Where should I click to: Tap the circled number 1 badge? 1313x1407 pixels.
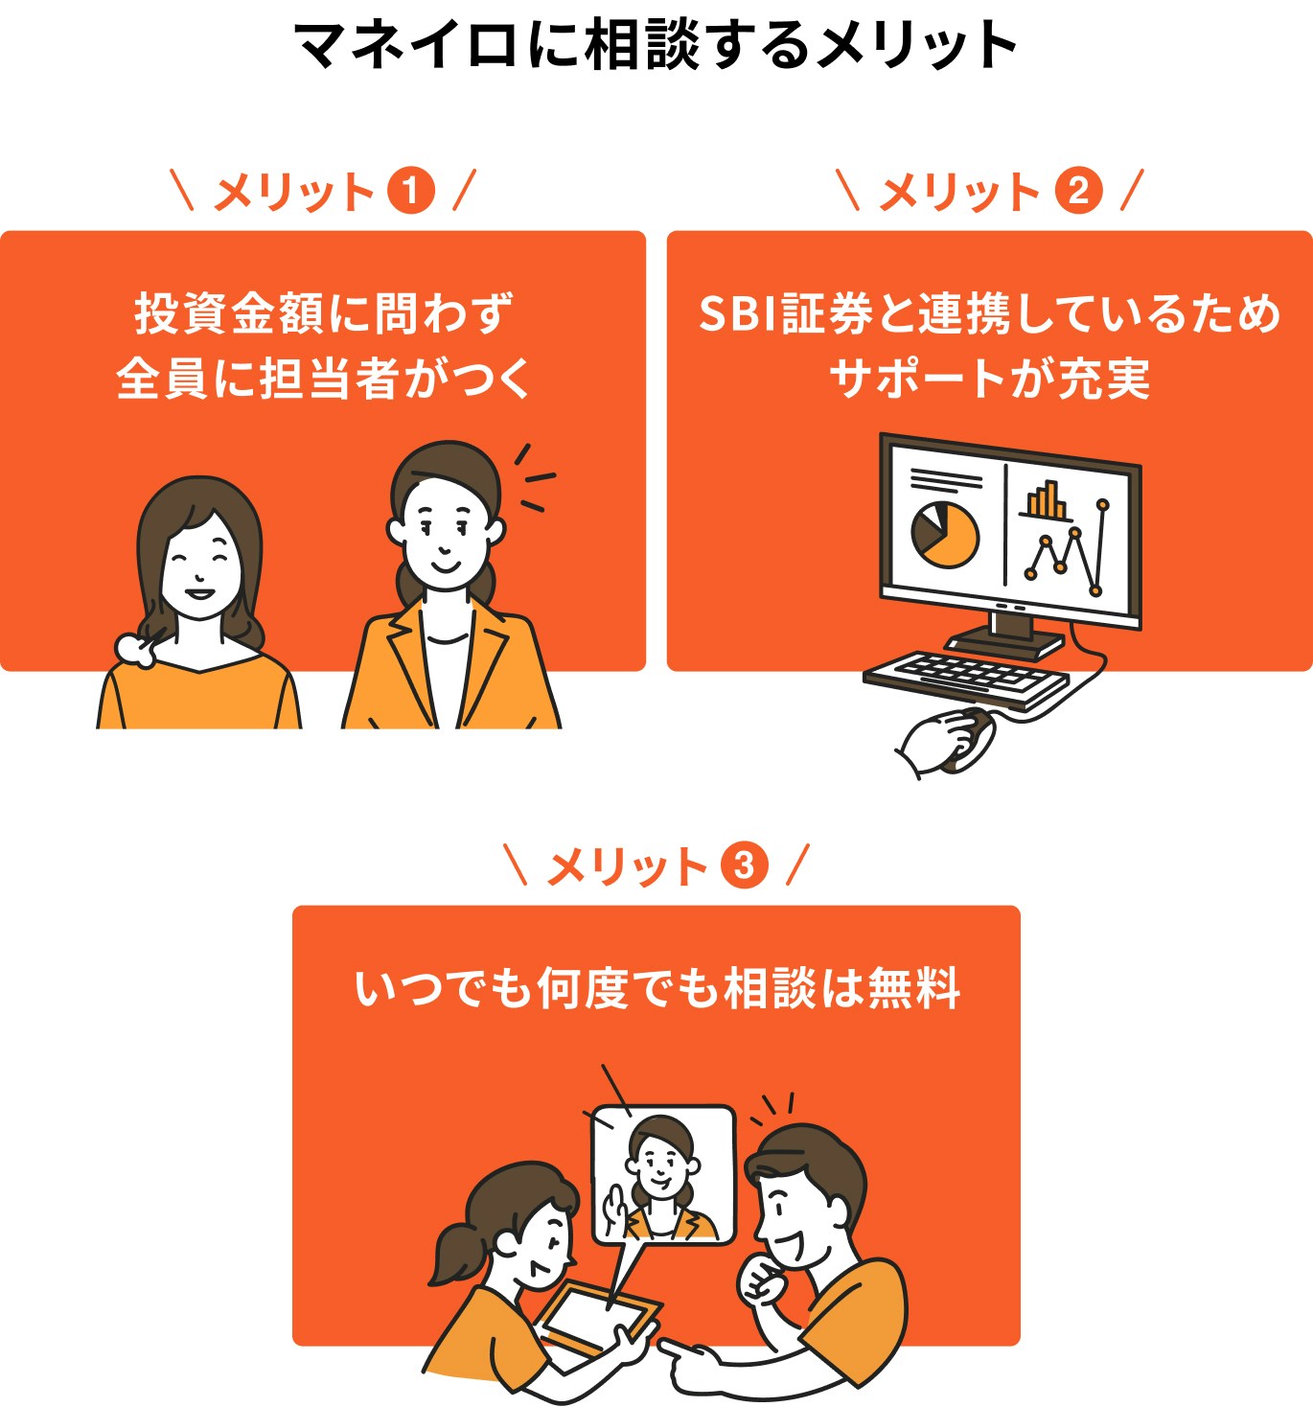pos(410,191)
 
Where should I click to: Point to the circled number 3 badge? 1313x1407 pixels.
pos(744,866)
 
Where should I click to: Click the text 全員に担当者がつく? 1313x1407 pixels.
pos(323,378)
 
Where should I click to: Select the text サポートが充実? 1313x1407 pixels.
pos(989,378)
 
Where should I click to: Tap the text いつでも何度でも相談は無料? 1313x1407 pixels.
pos(656,988)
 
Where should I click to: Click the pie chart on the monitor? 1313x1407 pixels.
pos(945,534)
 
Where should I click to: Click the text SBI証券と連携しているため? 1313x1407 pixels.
pos(989,313)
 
